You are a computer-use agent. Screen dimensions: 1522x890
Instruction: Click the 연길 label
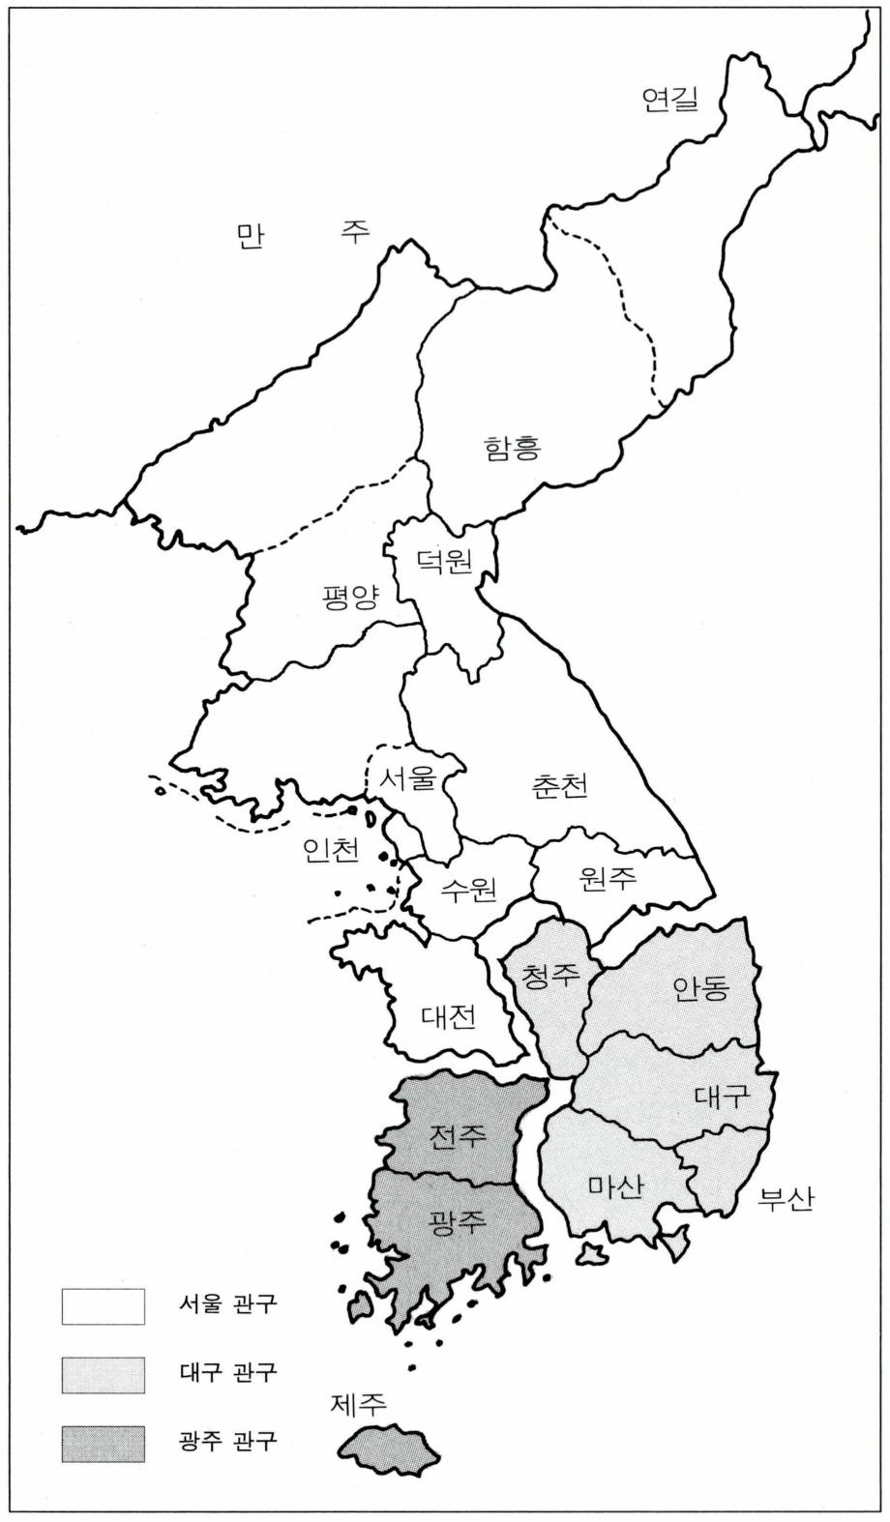click(x=669, y=99)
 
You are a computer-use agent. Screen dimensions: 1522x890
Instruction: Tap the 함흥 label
click(x=512, y=447)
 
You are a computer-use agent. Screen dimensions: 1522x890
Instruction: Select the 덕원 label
click(x=444, y=559)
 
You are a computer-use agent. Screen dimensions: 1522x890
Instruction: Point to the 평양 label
click(x=350, y=596)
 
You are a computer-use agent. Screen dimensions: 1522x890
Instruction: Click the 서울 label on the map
click(x=408, y=778)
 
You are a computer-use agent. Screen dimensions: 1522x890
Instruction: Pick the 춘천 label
click(x=559, y=785)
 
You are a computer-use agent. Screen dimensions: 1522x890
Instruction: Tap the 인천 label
click(x=331, y=849)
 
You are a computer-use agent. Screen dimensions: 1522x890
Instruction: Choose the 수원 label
click(x=468, y=889)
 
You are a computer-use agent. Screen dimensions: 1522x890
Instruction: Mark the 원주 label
click(x=608, y=877)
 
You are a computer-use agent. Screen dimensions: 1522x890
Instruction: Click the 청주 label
click(x=550, y=975)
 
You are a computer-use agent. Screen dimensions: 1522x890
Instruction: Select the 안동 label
click(x=700, y=988)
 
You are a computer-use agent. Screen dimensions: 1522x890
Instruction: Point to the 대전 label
click(x=448, y=1017)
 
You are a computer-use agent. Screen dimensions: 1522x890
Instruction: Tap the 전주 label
click(x=458, y=1134)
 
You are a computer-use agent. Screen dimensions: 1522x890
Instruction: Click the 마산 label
click(x=615, y=1185)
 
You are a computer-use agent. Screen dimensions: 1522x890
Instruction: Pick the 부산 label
click(x=786, y=1199)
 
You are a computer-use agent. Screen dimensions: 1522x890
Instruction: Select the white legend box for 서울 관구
click(x=104, y=1306)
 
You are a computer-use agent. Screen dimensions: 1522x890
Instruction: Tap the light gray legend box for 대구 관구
click(x=104, y=1374)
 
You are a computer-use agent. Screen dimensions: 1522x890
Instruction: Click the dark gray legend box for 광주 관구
click(x=104, y=1443)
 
